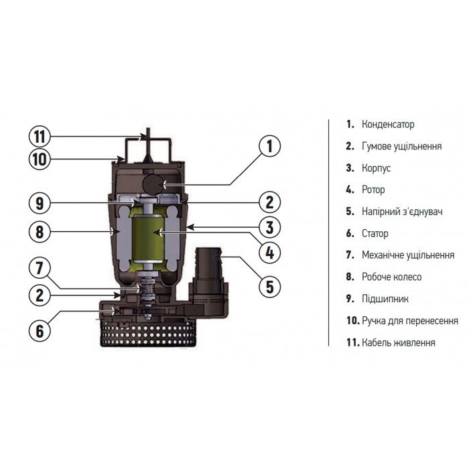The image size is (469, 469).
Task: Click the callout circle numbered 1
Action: click(269, 146)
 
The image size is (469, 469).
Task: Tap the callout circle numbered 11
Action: click(40, 136)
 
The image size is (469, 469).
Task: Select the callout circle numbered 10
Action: click(40, 159)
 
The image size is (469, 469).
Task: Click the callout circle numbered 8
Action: click(40, 231)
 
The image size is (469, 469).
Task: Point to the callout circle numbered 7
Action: click(40, 269)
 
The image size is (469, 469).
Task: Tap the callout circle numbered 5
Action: click(269, 287)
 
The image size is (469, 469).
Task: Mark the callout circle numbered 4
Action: click(269, 253)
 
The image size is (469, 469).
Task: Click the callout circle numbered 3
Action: click(269, 226)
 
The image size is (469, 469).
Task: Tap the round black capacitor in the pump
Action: click(153, 183)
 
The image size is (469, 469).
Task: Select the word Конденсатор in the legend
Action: click(387, 125)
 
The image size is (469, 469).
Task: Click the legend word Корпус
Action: click(376, 168)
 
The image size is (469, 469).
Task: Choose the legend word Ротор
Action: click(373, 190)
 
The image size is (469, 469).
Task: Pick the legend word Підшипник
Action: click(385, 299)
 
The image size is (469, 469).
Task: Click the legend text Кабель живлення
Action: click(398, 342)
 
